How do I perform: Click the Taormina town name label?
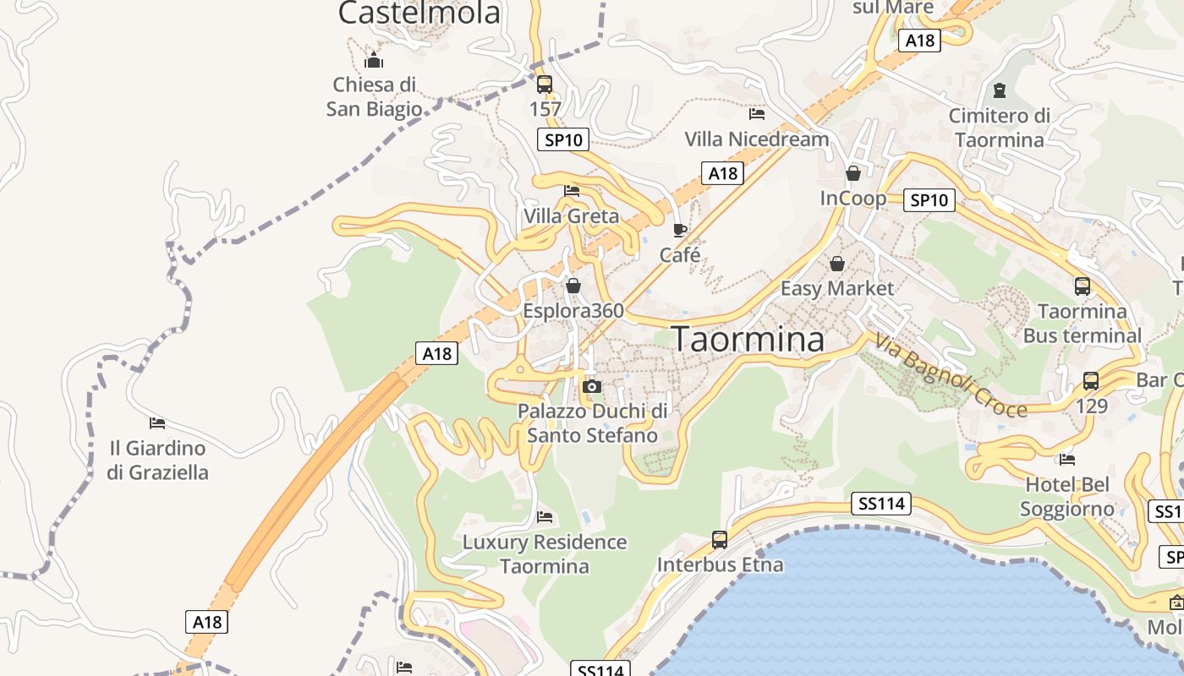tap(748, 339)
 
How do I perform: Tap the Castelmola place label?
tap(419, 13)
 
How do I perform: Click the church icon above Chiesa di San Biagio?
tap(374, 60)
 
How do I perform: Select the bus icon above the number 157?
tap(545, 84)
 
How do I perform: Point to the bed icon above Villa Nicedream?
tap(757, 113)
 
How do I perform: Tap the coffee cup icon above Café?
tap(679, 230)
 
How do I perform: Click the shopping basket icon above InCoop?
tap(853, 173)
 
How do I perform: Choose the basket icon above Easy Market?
tap(837, 264)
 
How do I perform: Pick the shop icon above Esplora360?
tap(573, 286)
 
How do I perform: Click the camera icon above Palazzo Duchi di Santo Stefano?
tap(592, 386)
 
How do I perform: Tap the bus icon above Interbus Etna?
tap(720, 539)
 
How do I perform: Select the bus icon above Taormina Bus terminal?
tap(1083, 286)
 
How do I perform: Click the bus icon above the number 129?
tap(1091, 381)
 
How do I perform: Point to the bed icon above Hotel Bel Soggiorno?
tap(1067, 460)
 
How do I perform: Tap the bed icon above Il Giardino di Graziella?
tap(157, 422)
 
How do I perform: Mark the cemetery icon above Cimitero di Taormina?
tap(1000, 90)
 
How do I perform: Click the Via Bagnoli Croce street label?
tap(951, 377)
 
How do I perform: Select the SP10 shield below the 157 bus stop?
tap(563, 139)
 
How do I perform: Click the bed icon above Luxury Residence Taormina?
tap(545, 516)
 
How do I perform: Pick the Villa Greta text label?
tap(571, 216)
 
